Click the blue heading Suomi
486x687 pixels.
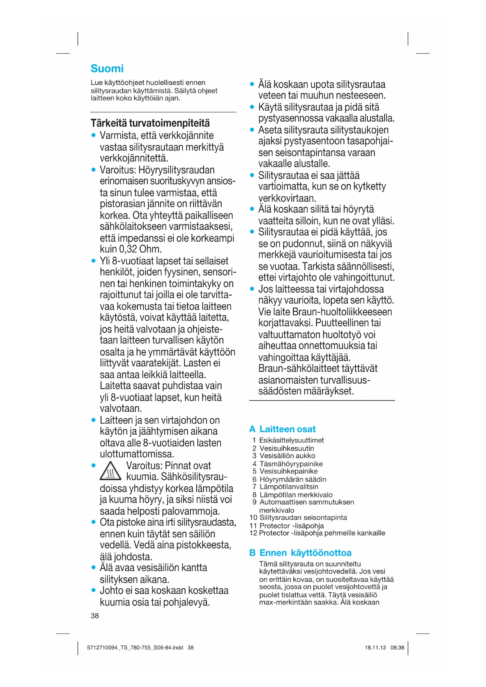[107, 69]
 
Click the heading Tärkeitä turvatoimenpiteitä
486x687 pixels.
[150, 123]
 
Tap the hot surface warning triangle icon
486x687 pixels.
[110, 470]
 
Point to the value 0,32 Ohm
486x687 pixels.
[139, 249]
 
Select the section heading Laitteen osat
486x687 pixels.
[287, 429]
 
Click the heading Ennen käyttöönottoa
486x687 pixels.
[305, 553]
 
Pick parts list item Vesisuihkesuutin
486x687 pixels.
[287, 448]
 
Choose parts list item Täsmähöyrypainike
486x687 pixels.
[291, 464]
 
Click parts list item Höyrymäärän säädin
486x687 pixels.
[293, 479]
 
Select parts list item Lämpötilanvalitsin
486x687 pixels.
[289, 486]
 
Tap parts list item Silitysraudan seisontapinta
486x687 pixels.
[303, 517]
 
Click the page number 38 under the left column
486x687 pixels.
[95, 616]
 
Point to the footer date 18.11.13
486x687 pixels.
[375, 647]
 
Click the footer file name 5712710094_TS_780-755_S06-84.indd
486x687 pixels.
[135, 647]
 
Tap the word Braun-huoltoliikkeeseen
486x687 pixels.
[342, 312]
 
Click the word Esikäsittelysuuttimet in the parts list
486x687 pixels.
[291, 440]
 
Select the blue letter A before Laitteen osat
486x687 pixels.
[252, 429]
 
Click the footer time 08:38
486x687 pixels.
[397, 647]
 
